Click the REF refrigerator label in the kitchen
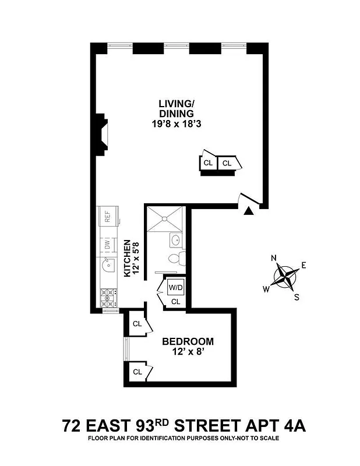click(x=108, y=217)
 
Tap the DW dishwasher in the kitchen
click(x=108, y=246)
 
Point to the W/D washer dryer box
click(x=175, y=288)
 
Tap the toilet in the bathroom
click(x=175, y=258)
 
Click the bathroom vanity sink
click(x=175, y=239)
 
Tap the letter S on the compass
click(x=297, y=296)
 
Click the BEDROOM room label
click(x=188, y=341)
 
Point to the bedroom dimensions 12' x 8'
click(x=188, y=352)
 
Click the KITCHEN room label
click(x=128, y=257)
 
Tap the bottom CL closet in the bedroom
click(x=138, y=372)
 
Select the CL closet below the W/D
click(x=175, y=301)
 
